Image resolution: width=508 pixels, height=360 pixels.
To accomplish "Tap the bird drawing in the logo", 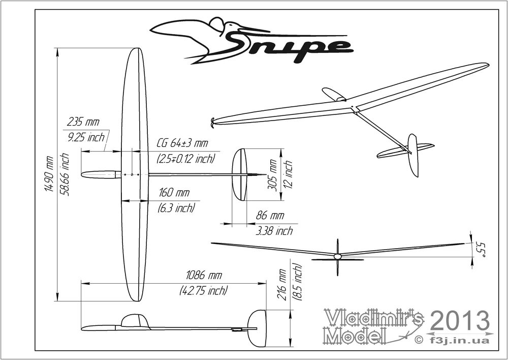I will coord(203,38).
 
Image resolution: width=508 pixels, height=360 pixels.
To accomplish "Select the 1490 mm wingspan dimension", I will coord(48,173).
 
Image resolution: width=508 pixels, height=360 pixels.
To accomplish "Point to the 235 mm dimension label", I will coord(83,122).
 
